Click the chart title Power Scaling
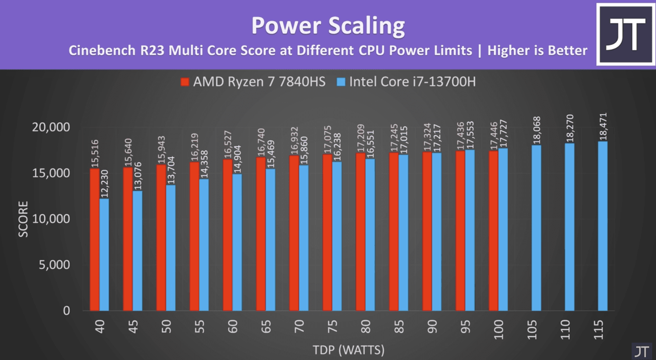(x=328, y=26)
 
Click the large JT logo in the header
(x=625, y=35)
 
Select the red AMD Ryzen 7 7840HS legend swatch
(x=185, y=82)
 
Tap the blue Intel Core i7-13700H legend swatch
(x=341, y=82)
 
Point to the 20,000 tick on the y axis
(x=51, y=127)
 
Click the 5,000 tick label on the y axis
(x=54, y=265)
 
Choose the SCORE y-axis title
(x=23, y=219)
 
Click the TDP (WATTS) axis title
(x=348, y=350)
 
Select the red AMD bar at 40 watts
(x=95, y=239)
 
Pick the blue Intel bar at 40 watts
(x=104, y=255)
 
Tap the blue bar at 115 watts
(x=603, y=226)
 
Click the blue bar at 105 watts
(x=536, y=228)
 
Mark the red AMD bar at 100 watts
(x=493, y=231)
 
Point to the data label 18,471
(x=603, y=126)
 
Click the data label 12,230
(x=104, y=184)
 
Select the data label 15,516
(x=95, y=154)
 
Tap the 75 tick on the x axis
(x=332, y=327)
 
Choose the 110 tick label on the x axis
(x=565, y=329)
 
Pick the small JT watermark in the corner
(x=642, y=351)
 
